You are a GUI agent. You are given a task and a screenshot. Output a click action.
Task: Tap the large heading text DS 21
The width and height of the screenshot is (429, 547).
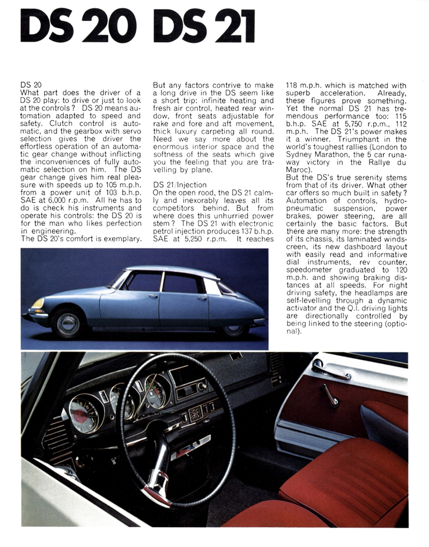(204, 27)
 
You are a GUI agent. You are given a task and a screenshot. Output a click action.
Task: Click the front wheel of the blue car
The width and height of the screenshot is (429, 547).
(68, 323)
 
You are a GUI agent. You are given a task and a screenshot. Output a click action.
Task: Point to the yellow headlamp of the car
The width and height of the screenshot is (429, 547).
(38, 304)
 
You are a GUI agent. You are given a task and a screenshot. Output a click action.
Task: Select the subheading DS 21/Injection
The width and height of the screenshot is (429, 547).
(180, 184)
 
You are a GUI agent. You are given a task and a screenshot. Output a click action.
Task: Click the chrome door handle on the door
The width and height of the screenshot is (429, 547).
(330, 370)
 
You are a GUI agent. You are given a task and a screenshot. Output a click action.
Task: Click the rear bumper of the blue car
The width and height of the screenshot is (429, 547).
(258, 322)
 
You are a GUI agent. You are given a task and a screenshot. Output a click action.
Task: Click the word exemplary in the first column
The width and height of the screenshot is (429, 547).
(118, 239)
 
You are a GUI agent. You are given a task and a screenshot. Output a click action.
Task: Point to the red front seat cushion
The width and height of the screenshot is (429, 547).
(343, 477)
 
